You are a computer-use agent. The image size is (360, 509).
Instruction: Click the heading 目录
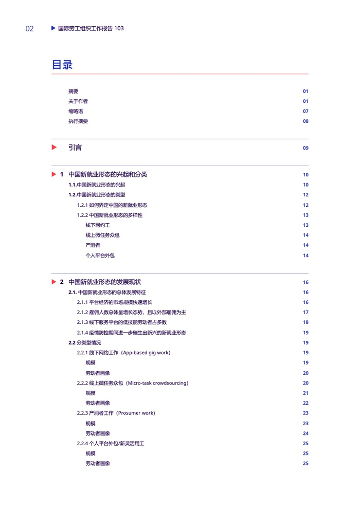point(62,65)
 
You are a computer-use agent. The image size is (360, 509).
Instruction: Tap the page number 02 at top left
point(29,29)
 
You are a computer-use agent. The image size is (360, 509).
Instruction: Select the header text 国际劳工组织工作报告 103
point(91,29)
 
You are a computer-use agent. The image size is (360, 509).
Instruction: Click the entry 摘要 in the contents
point(74,91)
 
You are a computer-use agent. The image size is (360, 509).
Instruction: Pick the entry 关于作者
point(78,101)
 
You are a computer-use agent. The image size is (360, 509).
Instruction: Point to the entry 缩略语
point(76,111)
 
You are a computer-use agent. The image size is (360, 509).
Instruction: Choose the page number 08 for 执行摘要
point(305,121)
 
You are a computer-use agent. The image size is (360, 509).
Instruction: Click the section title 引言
point(75,148)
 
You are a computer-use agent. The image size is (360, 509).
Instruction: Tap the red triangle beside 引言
point(54,148)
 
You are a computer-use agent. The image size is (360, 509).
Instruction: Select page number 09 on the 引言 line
point(305,148)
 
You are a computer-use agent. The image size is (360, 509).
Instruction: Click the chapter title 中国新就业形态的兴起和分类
point(107,175)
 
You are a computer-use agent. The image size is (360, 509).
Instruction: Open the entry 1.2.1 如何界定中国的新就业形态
point(112,205)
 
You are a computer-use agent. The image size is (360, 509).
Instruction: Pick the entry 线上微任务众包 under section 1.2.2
point(102,235)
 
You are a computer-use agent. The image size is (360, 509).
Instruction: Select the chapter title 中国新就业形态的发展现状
point(104,282)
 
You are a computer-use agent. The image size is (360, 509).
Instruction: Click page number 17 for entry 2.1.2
point(305,313)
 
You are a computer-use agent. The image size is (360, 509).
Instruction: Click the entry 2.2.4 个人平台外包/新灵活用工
point(111,443)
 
